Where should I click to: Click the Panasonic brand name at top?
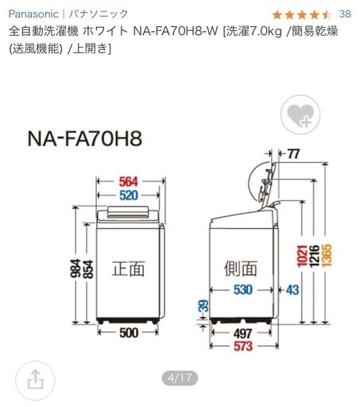coord(33,14)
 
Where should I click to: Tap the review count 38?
coord(345,14)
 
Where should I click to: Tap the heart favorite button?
coord(300,115)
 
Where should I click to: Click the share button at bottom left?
coord(35,380)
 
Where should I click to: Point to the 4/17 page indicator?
coord(180,378)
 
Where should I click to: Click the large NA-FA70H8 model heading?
coord(85,138)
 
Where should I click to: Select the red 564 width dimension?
coord(129,182)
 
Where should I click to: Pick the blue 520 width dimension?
coord(129,196)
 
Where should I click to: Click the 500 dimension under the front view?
coord(129,333)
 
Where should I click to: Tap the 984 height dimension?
coord(75,268)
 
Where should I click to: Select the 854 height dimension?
coord(88,269)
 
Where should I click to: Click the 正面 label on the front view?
coord(128,269)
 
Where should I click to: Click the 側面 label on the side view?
coord(241,268)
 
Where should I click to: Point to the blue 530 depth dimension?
coord(243,289)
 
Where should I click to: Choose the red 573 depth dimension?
coord(243,346)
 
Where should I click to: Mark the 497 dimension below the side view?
coord(243,334)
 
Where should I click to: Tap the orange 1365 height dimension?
coord(327,255)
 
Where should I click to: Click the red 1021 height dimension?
coord(302,256)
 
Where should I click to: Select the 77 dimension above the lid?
coord(293,153)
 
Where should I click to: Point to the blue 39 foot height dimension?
coord(203,306)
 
